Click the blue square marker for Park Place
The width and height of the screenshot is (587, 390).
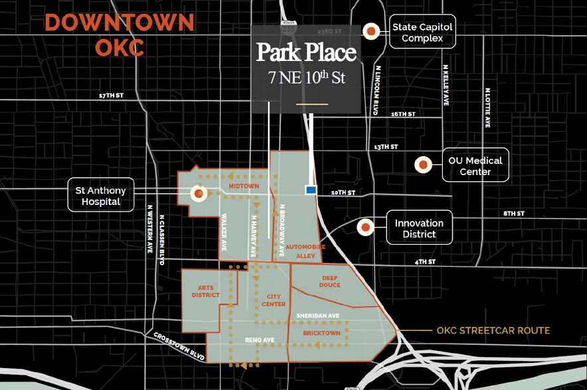click(x=310, y=190)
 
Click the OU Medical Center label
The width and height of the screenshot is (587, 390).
click(x=475, y=166)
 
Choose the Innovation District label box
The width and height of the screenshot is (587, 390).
click(x=419, y=228)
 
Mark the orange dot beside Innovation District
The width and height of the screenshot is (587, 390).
click(x=365, y=227)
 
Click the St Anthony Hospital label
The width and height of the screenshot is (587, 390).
click(x=101, y=196)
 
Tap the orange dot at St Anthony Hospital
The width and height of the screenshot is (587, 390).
click(x=199, y=194)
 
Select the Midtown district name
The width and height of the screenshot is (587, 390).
click(x=244, y=186)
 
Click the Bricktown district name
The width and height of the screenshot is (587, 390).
click(x=321, y=332)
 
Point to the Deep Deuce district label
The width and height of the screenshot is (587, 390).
click(x=331, y=281)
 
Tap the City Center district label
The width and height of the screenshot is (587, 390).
click(x=273, y=300)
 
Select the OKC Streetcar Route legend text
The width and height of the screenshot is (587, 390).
click(x=493, y=330)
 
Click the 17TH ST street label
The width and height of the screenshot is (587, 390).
click(x=111, y=96)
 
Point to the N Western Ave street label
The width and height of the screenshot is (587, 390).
click(x=149, y=228)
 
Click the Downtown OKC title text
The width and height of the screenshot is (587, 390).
click(x=120, y=34)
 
